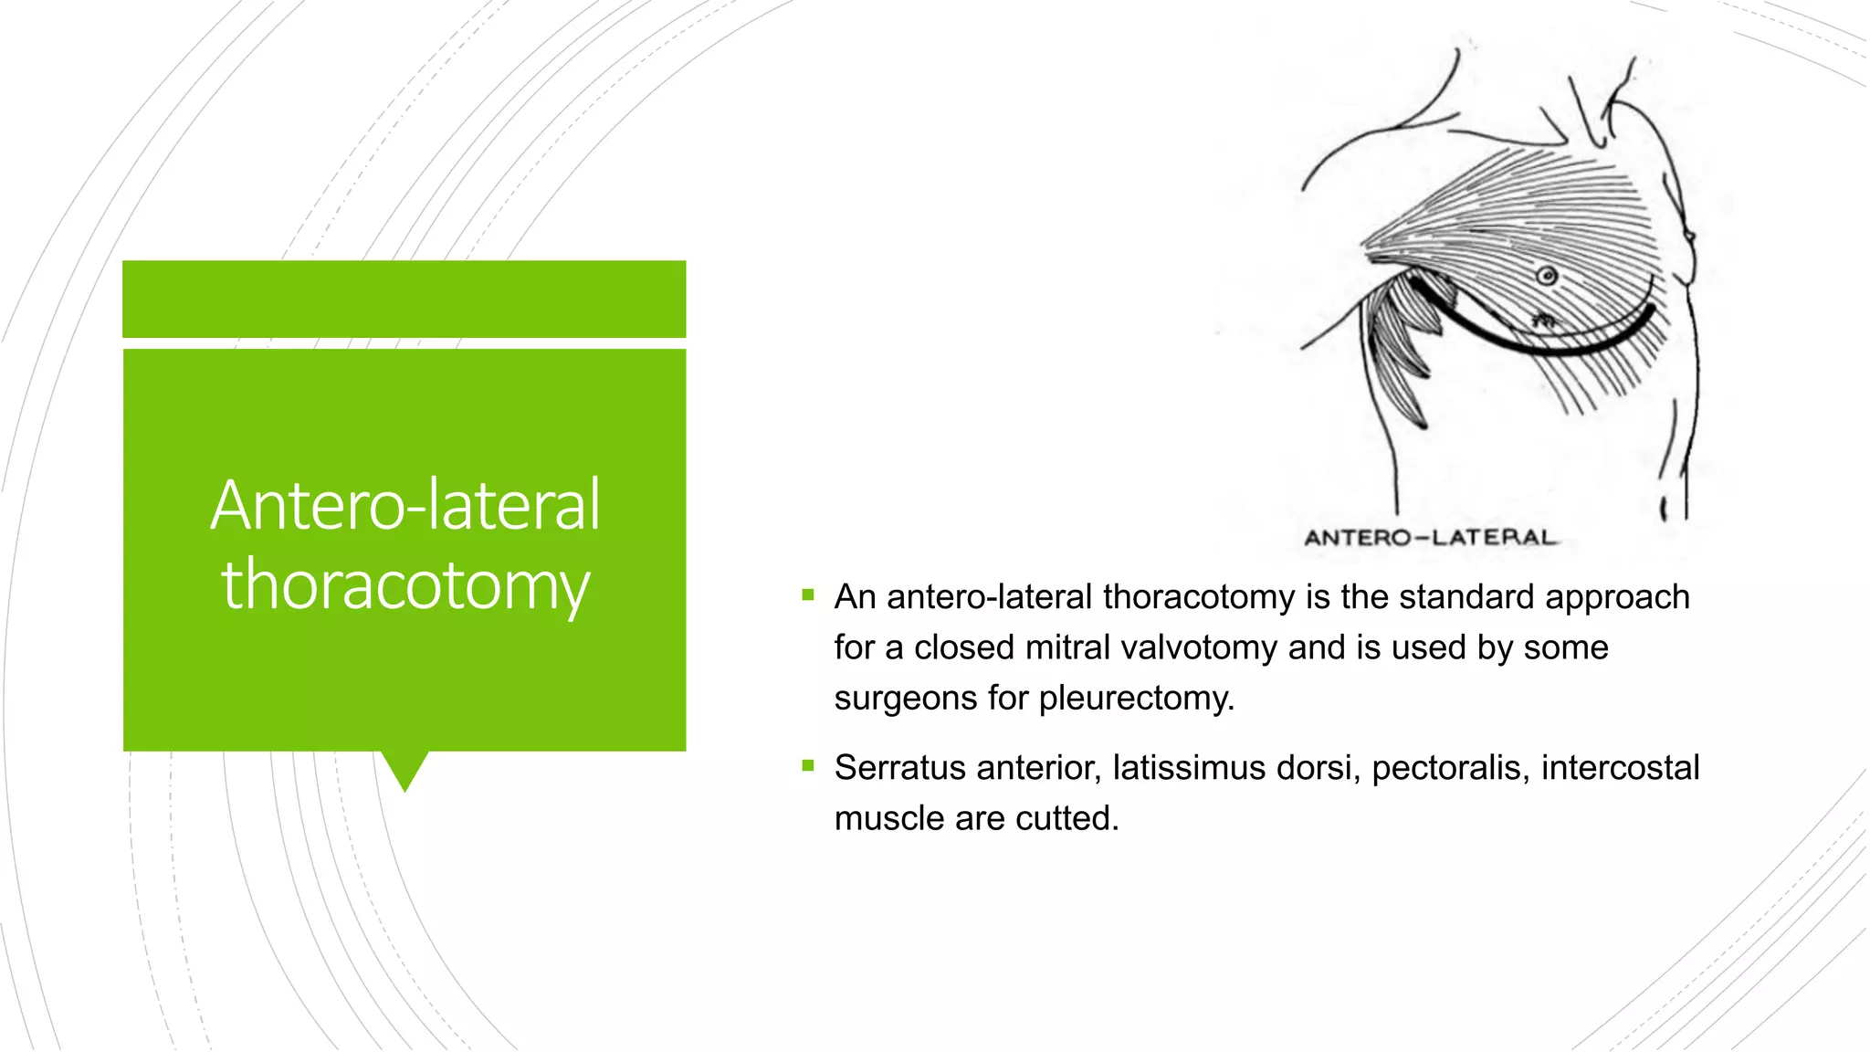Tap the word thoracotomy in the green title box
coord(405,584)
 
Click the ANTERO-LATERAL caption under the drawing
coord(1430,538)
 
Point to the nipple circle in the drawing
coord(1547,275)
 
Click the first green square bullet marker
coord(808,595)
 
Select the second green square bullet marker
coord(808,766)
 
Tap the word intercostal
coord(1620,768)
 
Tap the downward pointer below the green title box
coord(404,769)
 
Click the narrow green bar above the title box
coord(404,299)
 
